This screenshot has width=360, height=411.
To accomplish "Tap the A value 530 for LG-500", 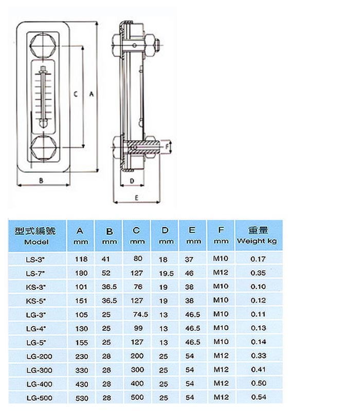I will (x=81, y=398).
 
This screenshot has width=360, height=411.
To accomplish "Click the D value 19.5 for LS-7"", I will (x=164, y=273).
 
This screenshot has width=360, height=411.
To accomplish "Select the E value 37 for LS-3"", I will (x=190, y=259).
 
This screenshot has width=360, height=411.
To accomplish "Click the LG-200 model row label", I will (x=37, y=356).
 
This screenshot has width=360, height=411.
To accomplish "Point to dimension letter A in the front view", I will (x=91, y=94).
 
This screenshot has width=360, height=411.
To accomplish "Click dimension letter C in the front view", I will (x=75, y=94).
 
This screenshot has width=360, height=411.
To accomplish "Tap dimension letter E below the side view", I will (x=137, y=197).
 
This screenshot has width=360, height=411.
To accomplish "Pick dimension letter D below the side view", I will (x=132, y=181).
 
